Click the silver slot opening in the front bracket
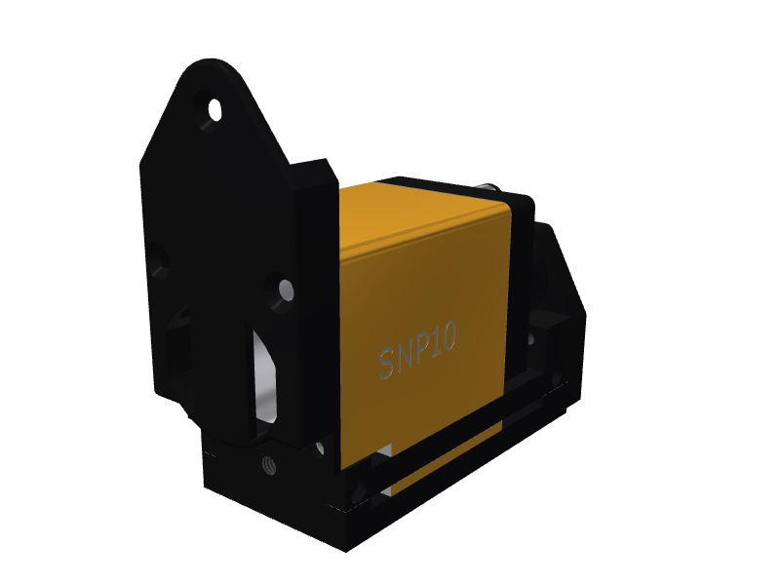(x=263, y=375)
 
